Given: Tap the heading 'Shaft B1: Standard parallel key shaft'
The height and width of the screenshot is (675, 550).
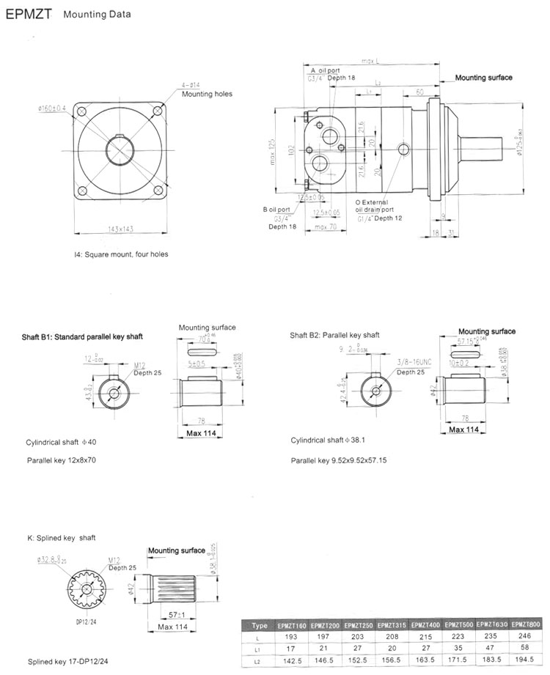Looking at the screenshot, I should tap(82, 336).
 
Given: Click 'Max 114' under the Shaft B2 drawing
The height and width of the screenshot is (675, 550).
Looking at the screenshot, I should tap(463, 429).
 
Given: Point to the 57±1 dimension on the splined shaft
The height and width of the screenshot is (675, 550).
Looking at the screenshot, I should tap(173, 613).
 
